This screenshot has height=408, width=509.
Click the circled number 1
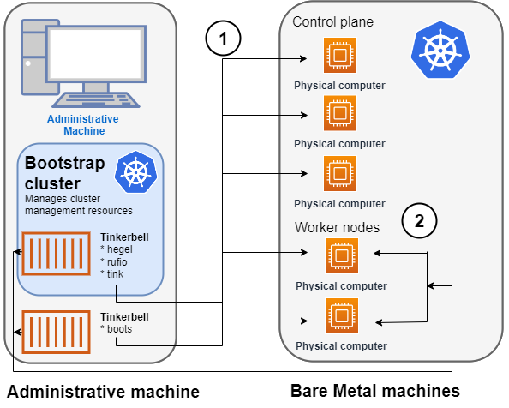click(x=224, y=38)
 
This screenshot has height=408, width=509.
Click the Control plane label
click(x=332, y=21)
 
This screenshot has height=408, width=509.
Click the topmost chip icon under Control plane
click(x=339, y=57)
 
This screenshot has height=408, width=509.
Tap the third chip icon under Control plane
click(x=339, y=174)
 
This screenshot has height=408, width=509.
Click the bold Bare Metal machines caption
click(x=375, y=391)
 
